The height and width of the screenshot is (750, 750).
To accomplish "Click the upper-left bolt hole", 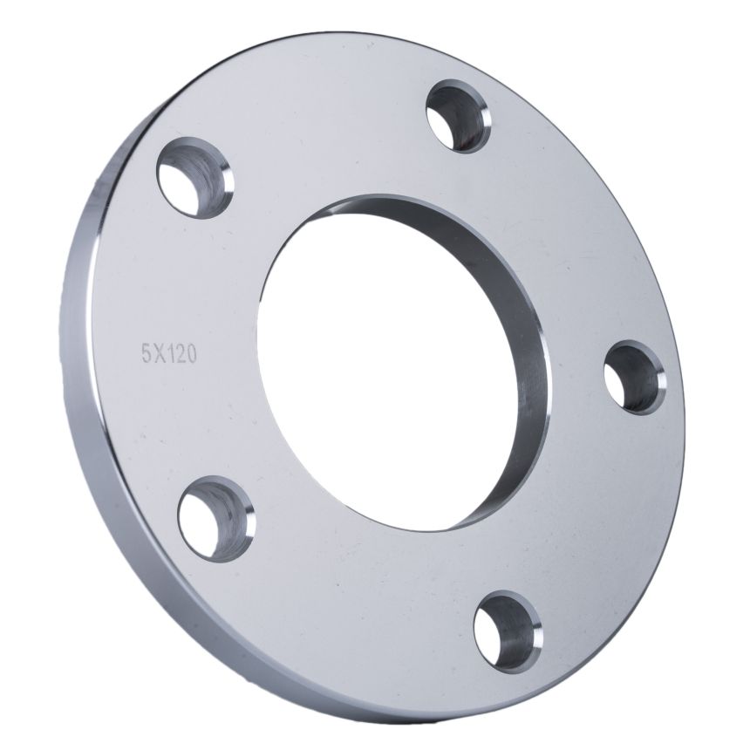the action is click(195, 178).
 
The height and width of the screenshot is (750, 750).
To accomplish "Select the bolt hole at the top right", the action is click(458, 116).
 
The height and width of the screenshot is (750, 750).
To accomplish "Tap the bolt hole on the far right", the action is click(634, 378).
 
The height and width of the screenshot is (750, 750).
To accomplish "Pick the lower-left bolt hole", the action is click(216, 519).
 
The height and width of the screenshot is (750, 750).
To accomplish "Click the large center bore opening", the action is click(387, 364).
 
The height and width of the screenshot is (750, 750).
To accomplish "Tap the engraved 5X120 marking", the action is click(168, 355).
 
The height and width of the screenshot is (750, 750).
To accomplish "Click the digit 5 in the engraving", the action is click(146, 355).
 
